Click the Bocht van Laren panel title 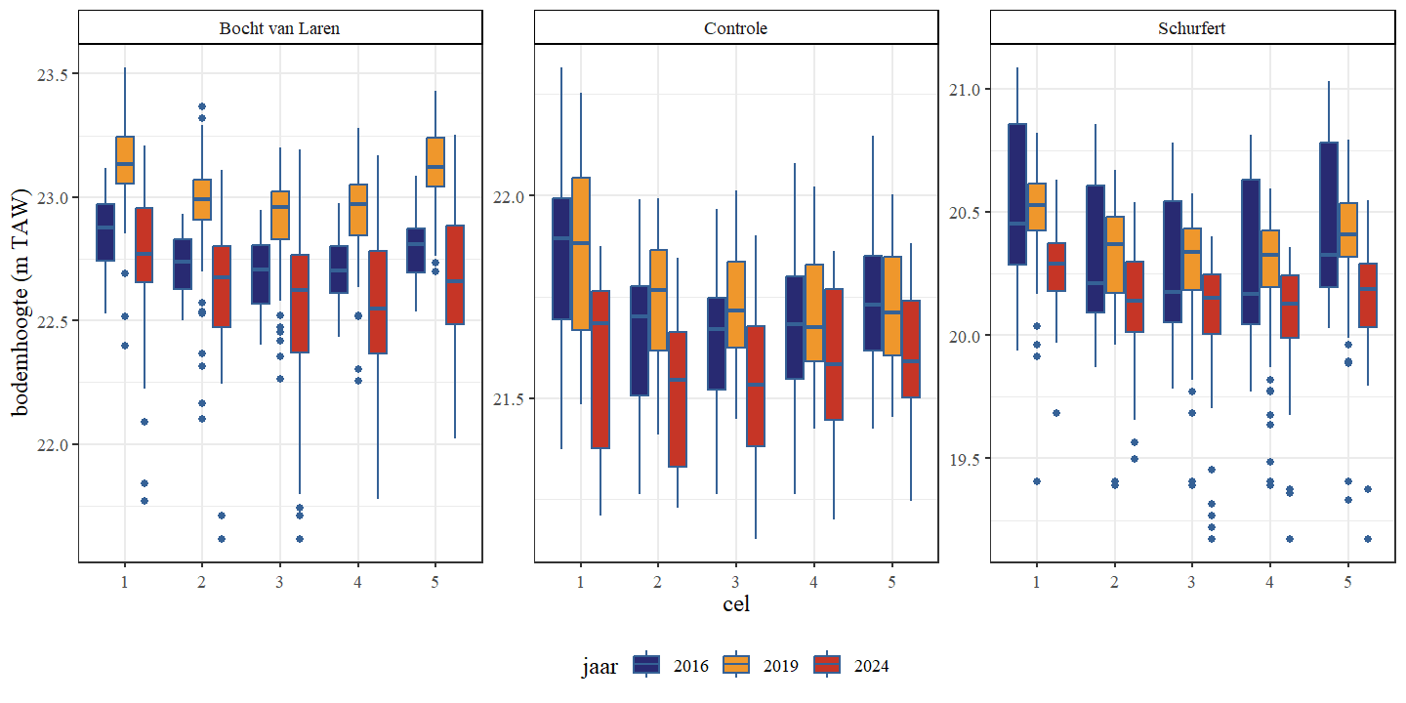(280, 28)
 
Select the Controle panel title (736, 28)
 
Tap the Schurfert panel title (1192, 28)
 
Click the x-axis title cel (736, 603)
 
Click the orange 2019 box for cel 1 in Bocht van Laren (125, 160)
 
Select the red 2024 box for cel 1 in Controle (600, 369)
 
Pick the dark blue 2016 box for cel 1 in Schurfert (1017, 194)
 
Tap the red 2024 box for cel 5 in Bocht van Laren (455, 274)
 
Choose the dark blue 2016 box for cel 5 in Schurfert (1329, 215)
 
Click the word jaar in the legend (600, 667)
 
